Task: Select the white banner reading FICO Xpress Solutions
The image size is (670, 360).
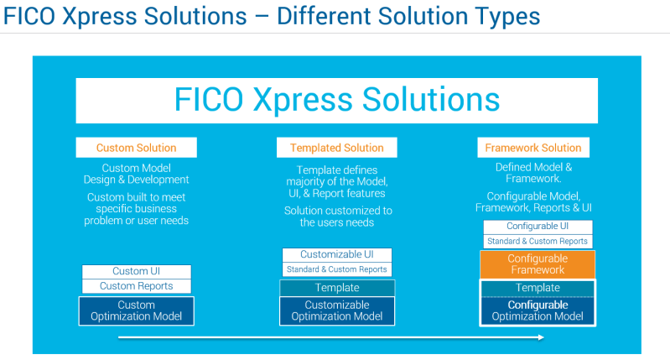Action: [x=337, y=100]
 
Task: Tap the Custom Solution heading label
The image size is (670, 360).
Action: [x=137, y=148]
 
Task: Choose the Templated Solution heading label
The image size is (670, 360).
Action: [x=336, y=148]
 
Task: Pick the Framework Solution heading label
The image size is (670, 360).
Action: [x=537, y=148]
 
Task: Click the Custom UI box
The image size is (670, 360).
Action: [x=137, y=272]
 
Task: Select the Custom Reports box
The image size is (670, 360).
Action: [x=137, y=286]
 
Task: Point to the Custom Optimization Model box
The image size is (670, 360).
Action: [x=137, y=310]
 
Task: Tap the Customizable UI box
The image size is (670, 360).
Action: [x=336, y=254]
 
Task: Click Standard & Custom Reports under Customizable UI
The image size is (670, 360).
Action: [x=336, y=269]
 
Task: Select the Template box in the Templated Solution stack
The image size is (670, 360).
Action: [x=336, y=288]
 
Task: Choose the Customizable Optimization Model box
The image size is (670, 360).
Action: [x=336, y=310]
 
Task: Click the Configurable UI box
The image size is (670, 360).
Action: [x=538, y=227]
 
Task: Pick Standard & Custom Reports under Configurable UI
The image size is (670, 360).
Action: [x=538, y=242]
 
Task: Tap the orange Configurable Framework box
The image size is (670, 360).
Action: [x=538, y=264]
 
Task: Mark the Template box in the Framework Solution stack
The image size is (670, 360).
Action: [x=538, y=288]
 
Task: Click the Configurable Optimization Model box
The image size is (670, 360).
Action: [x=538, y=310]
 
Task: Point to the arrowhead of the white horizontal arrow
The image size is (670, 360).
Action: [x=541, y=337]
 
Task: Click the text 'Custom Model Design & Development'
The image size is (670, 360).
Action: [x=137, y=174]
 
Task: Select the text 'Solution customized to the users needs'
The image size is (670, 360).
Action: [x=336, y=217]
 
